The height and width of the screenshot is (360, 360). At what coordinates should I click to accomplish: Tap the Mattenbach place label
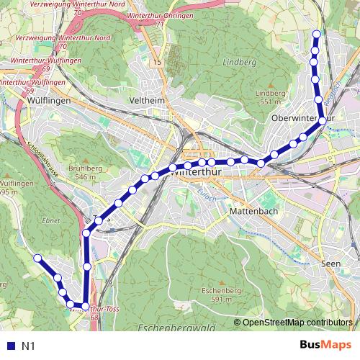click(x=249, y=212)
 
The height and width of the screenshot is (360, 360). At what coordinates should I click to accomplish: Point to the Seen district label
click(x=330, y=264)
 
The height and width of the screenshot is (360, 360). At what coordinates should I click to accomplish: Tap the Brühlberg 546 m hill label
click(x=81, y=172)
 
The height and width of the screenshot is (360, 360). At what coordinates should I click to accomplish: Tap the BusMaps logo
click(x=323, y=346)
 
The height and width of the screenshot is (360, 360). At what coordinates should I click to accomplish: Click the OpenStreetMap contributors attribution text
click(x=297, y=323)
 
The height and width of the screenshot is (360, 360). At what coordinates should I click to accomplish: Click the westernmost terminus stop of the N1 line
click(x=37, y=257)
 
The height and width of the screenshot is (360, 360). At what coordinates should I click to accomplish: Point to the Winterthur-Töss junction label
click(x=94, y=308)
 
